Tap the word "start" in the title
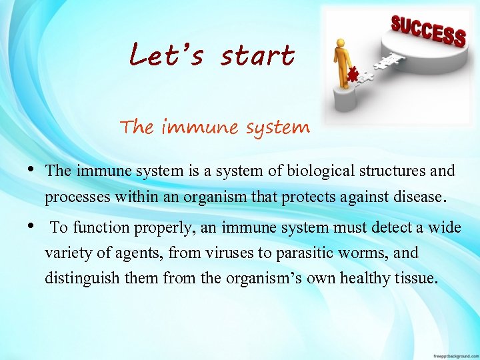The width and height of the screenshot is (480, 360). click(x=257, y=56)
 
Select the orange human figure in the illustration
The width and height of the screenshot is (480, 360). click(x=343, y=63)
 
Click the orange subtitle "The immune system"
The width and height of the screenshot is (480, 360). click(x=215, y=127)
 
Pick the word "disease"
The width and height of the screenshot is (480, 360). click(x=419, y=197)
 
